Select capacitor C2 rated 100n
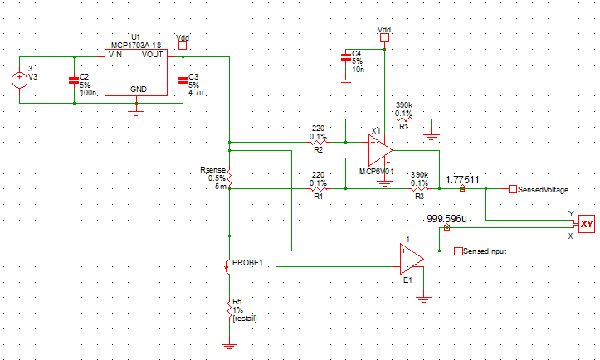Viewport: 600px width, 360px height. tap(74, 80)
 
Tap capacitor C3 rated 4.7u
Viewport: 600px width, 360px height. tap(183, 80)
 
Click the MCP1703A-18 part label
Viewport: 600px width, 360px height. tap(134, 46)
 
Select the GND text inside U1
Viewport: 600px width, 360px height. tap(139, 89)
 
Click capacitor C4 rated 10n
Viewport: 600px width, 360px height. tap(345, 57)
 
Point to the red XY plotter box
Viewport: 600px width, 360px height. tap(587, 224)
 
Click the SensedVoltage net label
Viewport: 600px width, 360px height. tap(543, 190)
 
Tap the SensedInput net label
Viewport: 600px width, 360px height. tap(485, 251)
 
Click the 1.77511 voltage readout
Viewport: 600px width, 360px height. tap(462, 179)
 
